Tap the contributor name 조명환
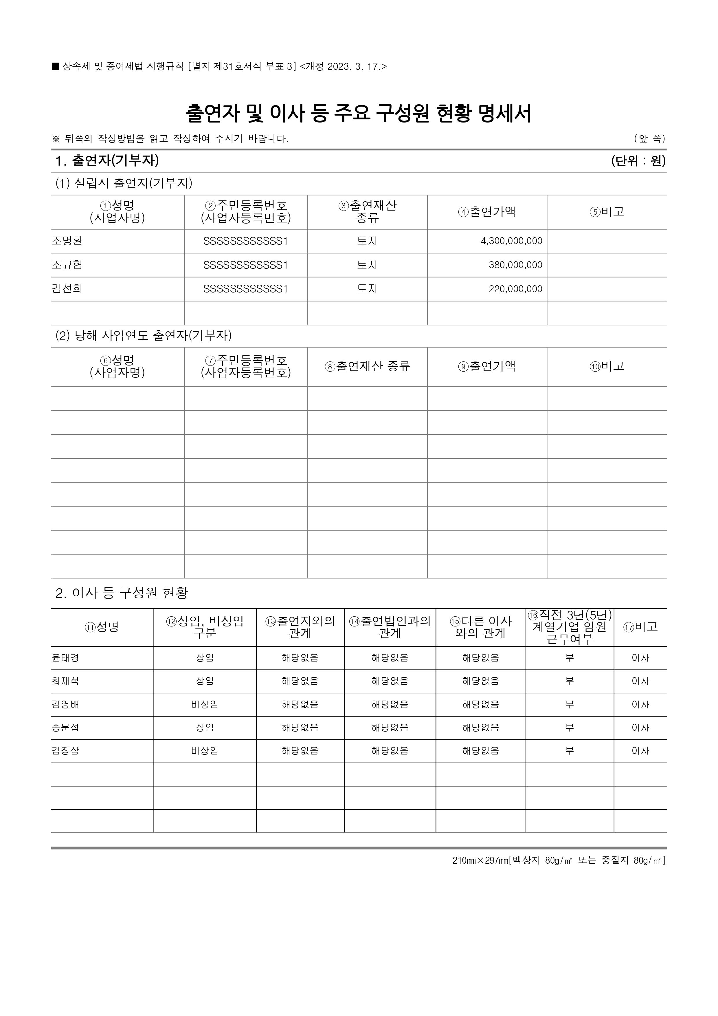(67, 241)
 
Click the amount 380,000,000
(515, 265)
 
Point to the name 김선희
(67, 289)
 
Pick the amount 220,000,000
(515, 289)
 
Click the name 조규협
(67, 265)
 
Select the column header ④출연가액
(487, 212)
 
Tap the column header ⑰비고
(640, 626)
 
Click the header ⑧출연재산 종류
(368, 366)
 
